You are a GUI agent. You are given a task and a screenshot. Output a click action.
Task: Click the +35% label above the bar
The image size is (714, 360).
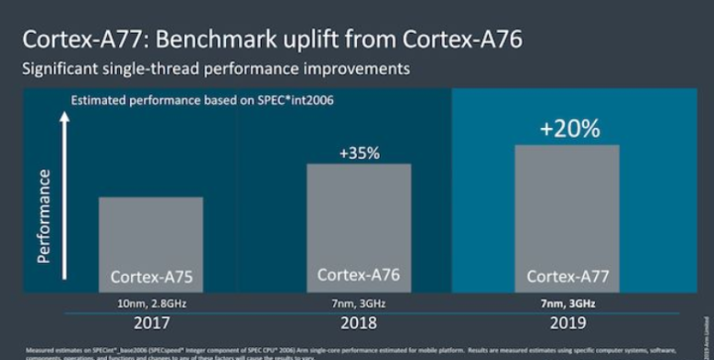tap(358, 153)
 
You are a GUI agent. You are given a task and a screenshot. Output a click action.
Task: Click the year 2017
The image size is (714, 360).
tap(151, 323)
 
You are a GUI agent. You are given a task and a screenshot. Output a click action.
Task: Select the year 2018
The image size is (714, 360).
tap(358, 323)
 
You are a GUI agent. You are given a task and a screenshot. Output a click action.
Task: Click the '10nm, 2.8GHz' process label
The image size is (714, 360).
tap(151, 302)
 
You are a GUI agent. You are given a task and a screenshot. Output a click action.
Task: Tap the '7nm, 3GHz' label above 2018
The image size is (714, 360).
tap(358, 302)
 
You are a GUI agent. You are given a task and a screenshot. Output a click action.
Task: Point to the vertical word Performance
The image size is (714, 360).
tap(45, 215)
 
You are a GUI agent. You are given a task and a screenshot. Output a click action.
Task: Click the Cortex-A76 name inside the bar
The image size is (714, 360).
tap(358, 275)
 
